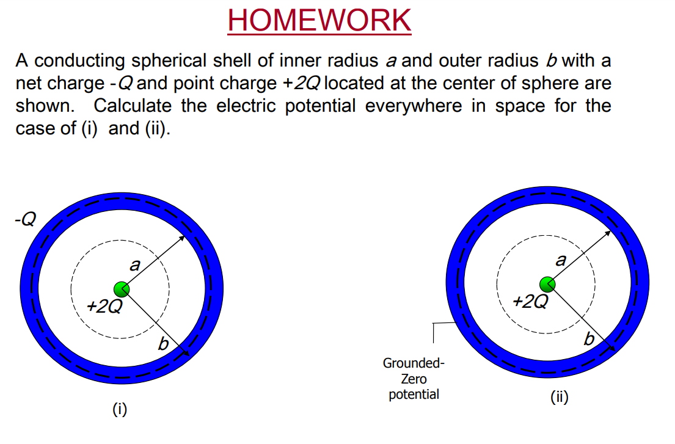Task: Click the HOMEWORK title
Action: pyautogui.click(x=319, y=20)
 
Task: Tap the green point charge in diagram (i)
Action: pyautogui.click(x=121, y=289)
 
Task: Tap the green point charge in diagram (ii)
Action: pyautogui.click(x=548, y=284)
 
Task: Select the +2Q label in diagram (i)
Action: pyautogui.click(x=104, y=306)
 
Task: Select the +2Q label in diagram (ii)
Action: pyautogui.click(x=531, y=301)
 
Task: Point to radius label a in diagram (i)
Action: pyautogui.click(x=135, y=264)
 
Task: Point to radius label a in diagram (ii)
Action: pyautogui.click(x=561, y=260)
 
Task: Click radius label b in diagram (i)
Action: pyautogui.click(x=163, y=345)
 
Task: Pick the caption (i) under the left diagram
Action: pyautogui.click(x=120, y=409)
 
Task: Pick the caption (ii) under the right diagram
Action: pyautogui.click(x=559, y=398)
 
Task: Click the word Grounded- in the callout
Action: pyautogui.click(x=414, y=363)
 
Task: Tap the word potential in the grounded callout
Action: pyautogui.click(x=414, y=395)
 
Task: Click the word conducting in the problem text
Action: pyautogui.click(x=86, y=61)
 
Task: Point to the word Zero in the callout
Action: pyautogui.click(x=414, y=379)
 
